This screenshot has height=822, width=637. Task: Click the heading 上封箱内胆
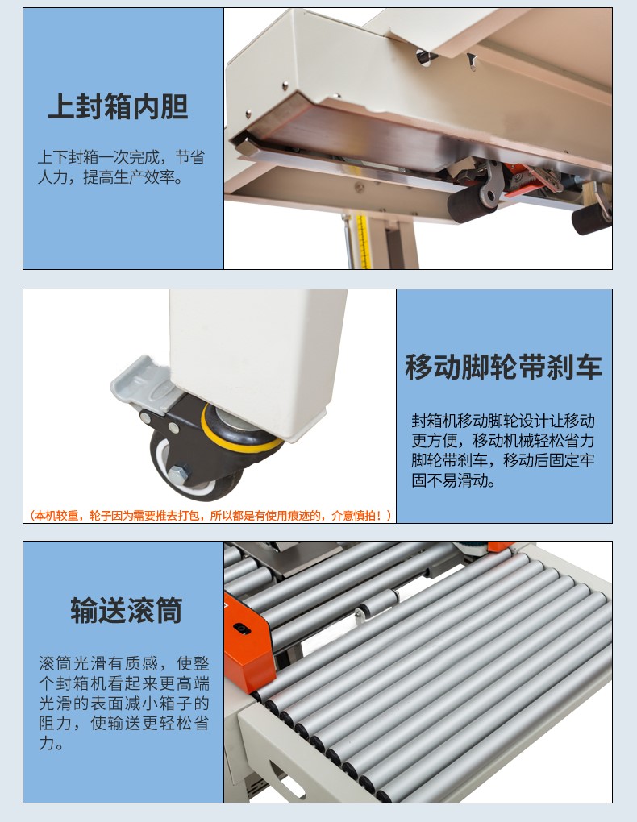coord(118,106)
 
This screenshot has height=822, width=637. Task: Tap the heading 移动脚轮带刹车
coord(504,367)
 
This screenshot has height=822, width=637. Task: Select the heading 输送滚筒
coord(127,610)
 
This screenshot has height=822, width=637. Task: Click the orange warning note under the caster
coord(210,516)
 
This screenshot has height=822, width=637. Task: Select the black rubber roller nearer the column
coord(472,204)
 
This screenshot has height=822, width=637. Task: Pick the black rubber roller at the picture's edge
coord(592,219)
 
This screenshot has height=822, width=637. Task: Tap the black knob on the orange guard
coord(241,628)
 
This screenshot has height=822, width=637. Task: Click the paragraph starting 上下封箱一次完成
coord(121,168)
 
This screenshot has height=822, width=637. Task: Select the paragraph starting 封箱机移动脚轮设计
coord(502,450)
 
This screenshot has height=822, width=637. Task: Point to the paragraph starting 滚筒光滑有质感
coord(124,703)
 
